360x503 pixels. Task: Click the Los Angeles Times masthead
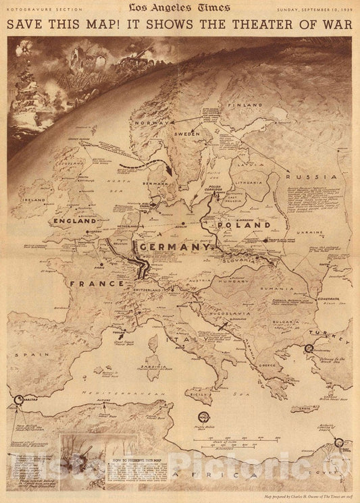pos(180,9)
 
